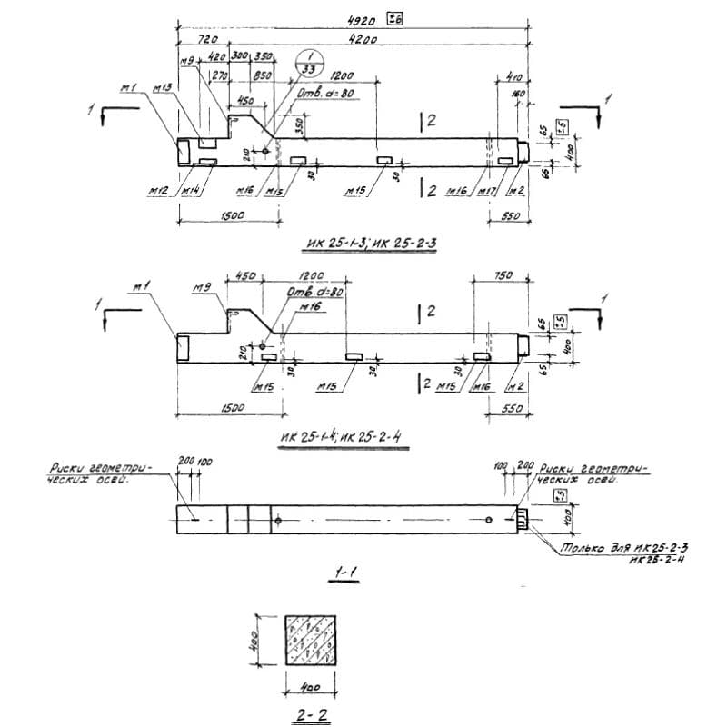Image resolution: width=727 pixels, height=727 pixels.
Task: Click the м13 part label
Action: [x=163, y=87]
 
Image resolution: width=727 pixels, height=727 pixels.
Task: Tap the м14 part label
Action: [x=190, y=192]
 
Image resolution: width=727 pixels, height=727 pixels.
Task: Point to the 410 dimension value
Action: [x=506, y=78]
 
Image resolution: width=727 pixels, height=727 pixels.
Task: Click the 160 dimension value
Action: [x=518, y=94]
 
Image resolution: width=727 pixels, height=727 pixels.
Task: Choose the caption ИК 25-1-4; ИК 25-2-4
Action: [x=343, y=437]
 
